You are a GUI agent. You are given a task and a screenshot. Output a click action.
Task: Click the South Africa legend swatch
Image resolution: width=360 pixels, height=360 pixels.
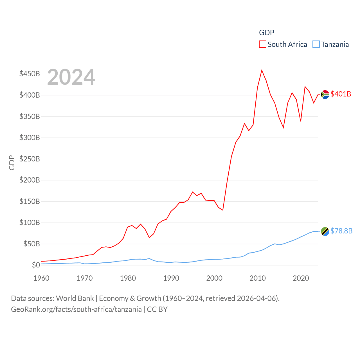[262, 44]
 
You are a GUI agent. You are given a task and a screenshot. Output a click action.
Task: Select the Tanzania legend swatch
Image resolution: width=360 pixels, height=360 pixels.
[316, 44]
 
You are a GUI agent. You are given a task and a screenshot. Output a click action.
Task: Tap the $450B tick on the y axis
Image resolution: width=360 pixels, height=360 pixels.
[30, 74]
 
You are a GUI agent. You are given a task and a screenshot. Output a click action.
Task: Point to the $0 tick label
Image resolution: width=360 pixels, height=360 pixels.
[36, 265]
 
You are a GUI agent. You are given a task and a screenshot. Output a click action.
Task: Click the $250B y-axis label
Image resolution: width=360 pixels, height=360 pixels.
[30, 159]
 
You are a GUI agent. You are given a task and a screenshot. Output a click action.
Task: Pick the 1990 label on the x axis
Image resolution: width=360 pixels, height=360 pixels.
[171, 278]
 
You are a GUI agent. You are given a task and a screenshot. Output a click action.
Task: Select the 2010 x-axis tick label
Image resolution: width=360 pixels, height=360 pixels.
[258, 278]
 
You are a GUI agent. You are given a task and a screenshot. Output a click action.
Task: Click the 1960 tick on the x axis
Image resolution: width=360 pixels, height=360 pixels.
[41, 278]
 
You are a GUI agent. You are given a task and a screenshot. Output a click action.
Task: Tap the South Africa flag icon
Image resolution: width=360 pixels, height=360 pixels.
[325, 94]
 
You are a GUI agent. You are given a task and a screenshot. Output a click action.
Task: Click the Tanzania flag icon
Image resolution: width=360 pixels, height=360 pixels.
[325, 231]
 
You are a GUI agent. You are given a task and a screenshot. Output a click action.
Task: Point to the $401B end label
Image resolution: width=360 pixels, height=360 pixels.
[341, 94]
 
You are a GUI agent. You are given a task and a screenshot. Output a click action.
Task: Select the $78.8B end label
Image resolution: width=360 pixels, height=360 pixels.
[341, 231]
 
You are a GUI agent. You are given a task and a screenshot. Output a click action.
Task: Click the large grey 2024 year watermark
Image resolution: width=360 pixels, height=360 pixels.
[71, 77]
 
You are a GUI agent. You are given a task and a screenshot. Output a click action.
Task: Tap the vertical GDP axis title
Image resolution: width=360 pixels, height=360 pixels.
[12, 163]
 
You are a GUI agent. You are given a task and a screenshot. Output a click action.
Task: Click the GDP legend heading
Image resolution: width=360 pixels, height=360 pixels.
[266, 33]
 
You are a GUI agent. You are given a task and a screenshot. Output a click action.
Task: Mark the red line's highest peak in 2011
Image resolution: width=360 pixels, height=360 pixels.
[262, 70]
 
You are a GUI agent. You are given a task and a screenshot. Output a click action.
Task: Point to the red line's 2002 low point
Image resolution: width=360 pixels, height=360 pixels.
[223, 210]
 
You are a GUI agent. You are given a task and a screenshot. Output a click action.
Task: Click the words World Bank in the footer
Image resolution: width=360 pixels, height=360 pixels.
[75, 298]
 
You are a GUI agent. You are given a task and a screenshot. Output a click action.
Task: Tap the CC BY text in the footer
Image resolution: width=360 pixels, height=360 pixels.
[157, 309]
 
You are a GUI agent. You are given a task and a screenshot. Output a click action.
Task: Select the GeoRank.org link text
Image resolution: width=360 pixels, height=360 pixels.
[76, 309]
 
